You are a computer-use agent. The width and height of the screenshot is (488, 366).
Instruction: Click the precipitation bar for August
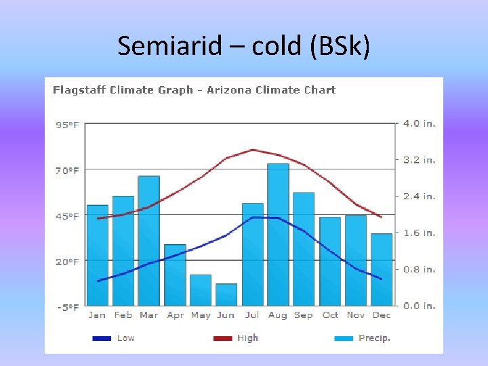[x=278, y=235]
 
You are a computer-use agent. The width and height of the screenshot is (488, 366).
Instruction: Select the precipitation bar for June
[x=226, y=295]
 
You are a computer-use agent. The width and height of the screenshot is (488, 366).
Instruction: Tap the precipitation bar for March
[x=148, y=241]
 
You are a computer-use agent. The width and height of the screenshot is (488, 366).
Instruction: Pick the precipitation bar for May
[x=201, y=290]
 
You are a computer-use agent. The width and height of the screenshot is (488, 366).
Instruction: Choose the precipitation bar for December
[x=382, y=270]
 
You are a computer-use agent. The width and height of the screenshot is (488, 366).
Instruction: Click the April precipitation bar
[x=175, y=274]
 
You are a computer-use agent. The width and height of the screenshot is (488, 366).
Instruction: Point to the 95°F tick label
[x=66, y=125]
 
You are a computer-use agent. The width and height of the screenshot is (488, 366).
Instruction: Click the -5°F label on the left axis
[x=66, y=307]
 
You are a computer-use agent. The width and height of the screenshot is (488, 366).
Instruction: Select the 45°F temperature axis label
[x=66, y=216]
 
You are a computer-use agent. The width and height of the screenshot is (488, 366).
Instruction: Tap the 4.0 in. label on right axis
[x=420, y=123]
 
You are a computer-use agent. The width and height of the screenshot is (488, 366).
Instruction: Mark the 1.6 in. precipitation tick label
[x=420, y=232]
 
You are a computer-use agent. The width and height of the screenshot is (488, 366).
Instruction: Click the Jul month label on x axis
[x=251, y=315]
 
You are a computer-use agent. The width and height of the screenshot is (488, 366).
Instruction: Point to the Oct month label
[x=330, y=315]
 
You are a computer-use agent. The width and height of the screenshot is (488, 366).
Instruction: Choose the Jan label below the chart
[x=97, y=315]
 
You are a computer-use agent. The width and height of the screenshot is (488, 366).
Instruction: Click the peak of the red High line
[x=252, y=150]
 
